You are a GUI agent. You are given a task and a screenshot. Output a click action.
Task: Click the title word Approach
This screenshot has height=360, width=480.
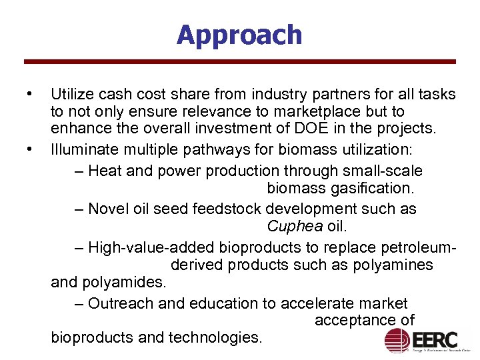239,35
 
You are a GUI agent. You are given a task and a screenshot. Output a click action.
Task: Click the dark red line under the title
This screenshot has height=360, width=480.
239,62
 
